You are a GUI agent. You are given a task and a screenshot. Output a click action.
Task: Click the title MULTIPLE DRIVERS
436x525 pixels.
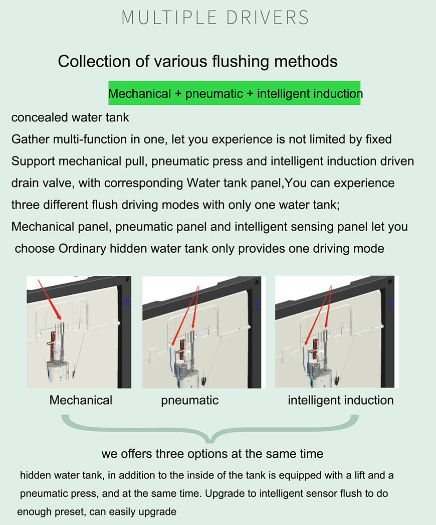click(x=215, y=18)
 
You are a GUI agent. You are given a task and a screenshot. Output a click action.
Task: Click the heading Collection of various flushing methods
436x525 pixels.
click(x=198, y=62)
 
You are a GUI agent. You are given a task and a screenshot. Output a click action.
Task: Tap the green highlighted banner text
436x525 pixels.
click(x=235, y=93)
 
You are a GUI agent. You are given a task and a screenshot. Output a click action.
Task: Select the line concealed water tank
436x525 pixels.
click(x=70, y=117)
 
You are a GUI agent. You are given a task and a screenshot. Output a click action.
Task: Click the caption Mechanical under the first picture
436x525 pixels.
click(x=81, y=400)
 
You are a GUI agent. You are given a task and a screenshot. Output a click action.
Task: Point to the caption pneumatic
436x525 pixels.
click(x=190, y=401)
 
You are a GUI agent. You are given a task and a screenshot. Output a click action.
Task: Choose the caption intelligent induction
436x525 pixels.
click(x=341, y=401)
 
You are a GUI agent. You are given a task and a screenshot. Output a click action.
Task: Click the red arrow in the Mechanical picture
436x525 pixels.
click(x=49, y=300)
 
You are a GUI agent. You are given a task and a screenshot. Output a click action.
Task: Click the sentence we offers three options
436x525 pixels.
click(x=212, y=454)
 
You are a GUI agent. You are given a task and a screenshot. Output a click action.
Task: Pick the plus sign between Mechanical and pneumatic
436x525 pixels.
click(x=178, y=94)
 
